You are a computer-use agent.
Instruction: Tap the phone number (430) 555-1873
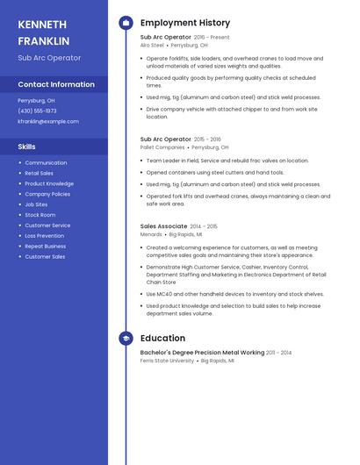click(x=37, y=111)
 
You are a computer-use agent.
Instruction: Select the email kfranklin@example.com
click(x=48, y=121)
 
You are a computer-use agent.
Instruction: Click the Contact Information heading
click(x=56, y=84)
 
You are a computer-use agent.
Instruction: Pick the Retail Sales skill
click(x=39, y=173)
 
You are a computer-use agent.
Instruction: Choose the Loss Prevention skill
click(x=44, y=236)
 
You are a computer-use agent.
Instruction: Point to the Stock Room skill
click(x=40, y=215)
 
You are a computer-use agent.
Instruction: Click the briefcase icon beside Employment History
click(x=126, y=23)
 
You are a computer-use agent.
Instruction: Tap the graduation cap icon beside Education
click(x=126, y=338)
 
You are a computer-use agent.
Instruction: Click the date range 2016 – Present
click(x=212, y=38)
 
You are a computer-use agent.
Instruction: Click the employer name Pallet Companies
click(x=162, y=147)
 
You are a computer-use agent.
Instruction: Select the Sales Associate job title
click(x=163, y=226)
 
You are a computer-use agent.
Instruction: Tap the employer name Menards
click(x=151, y=234)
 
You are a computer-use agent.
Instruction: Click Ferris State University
click(x=167, y=361)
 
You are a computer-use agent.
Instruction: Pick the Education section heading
click(x=162, y=338)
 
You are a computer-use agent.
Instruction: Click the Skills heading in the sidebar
click(x=26, y=147)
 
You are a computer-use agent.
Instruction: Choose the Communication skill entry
click(x=46, y=162)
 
